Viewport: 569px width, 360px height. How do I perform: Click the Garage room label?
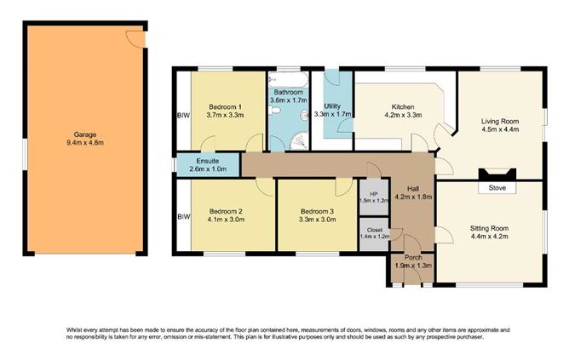tap(85, 134)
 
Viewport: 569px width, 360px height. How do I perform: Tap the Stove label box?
tap(497, 188)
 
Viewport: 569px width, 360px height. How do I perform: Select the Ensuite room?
tap(208, 165)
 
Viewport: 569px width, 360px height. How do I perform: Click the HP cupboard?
tap(374, 197)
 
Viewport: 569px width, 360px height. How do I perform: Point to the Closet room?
tap(374, 234)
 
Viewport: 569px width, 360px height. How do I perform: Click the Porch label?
tap(413, 257)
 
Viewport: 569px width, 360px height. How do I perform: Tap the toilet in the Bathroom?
tap(274, 110)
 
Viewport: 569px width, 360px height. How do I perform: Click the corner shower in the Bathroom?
tap(299, 141)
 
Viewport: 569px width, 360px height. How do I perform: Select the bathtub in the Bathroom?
tap(289, 79)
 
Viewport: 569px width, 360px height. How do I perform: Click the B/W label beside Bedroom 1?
tap(183, 116)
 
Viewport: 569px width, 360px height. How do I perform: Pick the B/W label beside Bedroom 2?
tap(184, 217)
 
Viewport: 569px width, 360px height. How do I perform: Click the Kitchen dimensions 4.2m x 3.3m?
tap(403, 115)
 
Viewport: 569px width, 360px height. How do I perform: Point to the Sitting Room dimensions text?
tap(489, 237)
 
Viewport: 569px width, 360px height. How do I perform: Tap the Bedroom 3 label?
tap(317, 211)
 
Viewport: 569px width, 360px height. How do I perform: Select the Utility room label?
tap(332, 106)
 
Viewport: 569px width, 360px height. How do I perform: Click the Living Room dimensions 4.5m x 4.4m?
tap(500, 129)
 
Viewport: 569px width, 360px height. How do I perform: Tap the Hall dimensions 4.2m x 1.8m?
tap(413, 197)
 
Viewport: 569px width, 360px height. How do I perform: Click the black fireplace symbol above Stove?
tap(497, 174)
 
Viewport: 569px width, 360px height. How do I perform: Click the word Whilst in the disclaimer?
tap(74, 330)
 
